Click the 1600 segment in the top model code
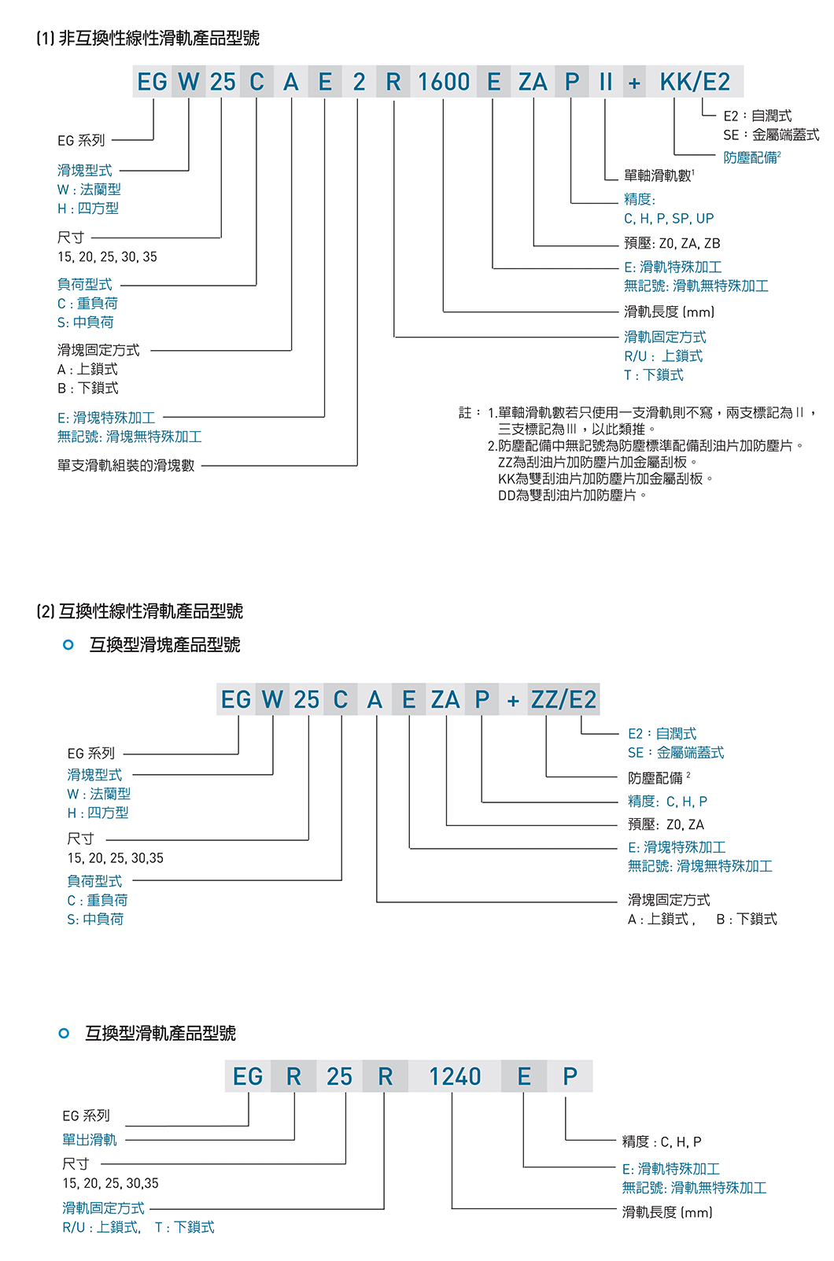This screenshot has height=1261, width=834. [444, 82]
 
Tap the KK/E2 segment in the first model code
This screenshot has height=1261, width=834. [695, 82]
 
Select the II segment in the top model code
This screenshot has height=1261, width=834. [605, 82]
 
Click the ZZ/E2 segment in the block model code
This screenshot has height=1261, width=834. [563, 699]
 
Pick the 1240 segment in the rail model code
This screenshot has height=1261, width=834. [455, 1076]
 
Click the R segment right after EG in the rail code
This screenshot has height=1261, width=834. [293, 1076]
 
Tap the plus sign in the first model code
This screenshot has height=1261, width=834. [634, 82]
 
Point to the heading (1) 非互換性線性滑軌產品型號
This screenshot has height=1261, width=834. [148, 38]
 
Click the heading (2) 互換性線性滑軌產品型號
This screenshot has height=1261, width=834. [140, 611]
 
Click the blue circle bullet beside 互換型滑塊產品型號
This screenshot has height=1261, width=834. [68, 645]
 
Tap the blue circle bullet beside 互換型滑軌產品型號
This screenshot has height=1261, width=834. [65, 1033]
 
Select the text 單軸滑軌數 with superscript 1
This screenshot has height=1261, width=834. [659, 175]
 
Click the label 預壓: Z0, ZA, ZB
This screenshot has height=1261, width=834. [672, 243]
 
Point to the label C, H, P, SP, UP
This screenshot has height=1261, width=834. [669, 219]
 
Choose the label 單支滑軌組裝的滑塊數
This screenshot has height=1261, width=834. [126, 465]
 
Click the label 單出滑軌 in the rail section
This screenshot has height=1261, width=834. [90, 1139]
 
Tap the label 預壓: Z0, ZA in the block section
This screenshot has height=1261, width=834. [666, 824]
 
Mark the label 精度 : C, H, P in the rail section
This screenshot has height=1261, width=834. [662, 1141]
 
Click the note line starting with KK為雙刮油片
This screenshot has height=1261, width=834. [606, 478]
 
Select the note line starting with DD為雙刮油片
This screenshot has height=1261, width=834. [573, 495]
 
